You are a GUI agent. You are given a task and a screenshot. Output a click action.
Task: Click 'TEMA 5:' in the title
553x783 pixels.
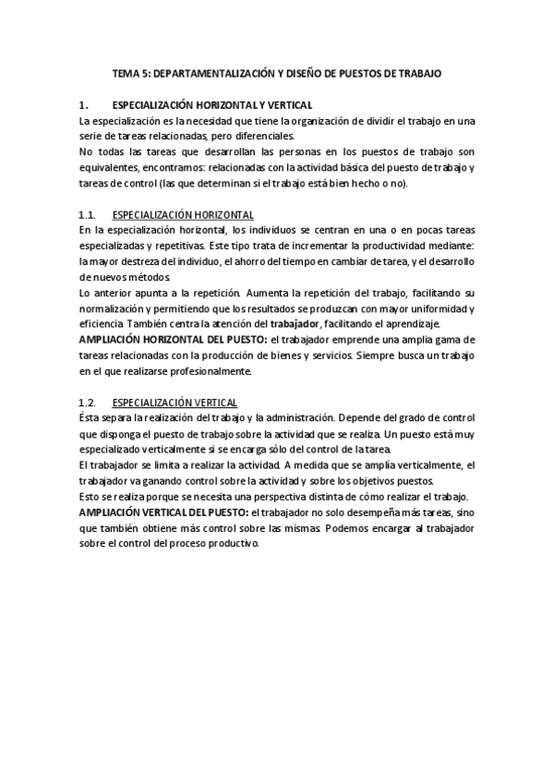pyautogui.click(x=130, y=73)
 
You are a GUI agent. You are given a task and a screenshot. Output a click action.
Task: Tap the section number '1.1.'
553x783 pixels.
pyautogui.click(x=89, y=214)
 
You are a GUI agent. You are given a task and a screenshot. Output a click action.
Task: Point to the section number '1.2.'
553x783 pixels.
pyautogui.click(x=89, y=403)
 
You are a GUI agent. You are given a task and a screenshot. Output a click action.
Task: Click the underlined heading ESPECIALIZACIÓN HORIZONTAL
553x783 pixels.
pyautogui.click(x=183, y=214)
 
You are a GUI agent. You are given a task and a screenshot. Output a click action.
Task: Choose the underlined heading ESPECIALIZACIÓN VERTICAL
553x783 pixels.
pyautogui.click(x=174, y=403)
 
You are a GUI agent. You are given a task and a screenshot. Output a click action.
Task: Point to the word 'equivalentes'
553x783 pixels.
pyautogui.click(x=110, y=167)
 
